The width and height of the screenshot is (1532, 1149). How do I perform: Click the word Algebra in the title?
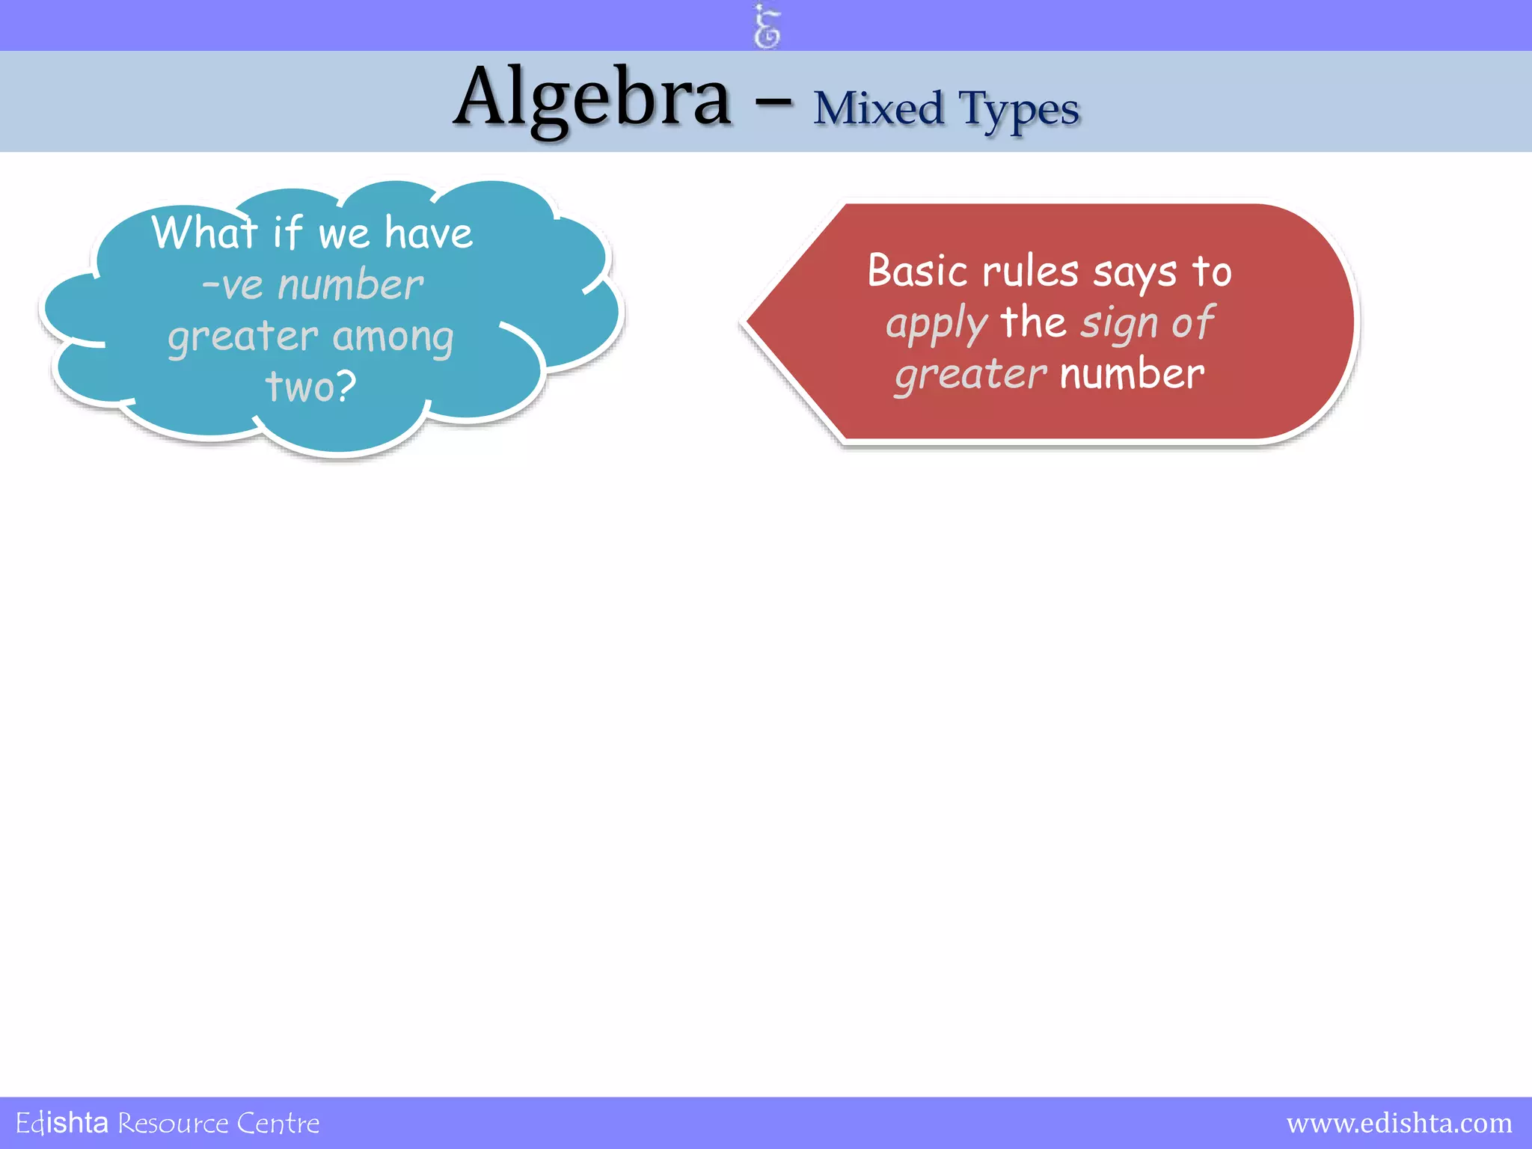point(592,99)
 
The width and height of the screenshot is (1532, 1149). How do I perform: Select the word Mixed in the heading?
point(878,109)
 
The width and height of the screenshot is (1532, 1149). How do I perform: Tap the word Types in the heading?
point(1019,111)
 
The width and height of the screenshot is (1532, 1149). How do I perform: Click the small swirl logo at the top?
point(767,27)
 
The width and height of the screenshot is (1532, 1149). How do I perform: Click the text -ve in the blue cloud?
point(232,286)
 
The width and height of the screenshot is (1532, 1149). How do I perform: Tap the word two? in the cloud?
point(311,387)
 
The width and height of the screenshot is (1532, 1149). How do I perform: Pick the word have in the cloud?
point(429,233)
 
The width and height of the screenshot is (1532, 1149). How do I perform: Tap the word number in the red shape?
point(1132,374)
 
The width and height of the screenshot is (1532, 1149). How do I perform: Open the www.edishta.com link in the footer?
point(1399,1123)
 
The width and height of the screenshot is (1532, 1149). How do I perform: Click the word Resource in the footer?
point(173,1124)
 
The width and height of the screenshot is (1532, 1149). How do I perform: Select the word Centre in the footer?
point(278,1124)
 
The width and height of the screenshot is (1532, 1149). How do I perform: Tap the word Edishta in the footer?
point(62,1124)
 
